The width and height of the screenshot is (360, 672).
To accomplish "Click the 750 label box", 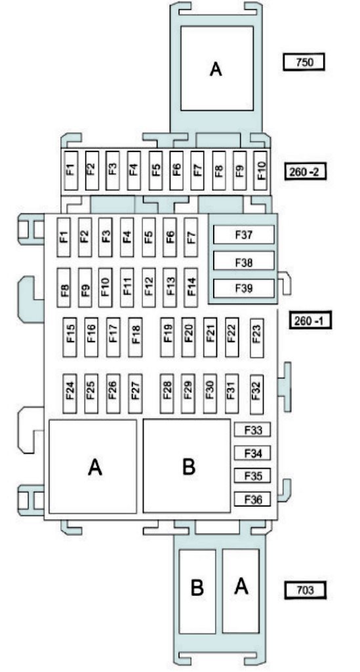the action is tap(304, 62).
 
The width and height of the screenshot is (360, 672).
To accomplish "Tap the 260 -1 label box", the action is tap(311, 321).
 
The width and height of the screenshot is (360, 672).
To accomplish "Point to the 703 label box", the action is tap(305, 590).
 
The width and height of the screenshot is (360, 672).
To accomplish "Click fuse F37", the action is tap(243, 235).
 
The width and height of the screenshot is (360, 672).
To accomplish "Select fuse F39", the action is tap(243, 288).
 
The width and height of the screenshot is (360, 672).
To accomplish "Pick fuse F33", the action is tap(252, 430).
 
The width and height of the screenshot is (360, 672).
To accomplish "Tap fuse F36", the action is tap(252, 500).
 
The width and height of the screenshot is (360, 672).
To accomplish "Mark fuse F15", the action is tap(70, 337).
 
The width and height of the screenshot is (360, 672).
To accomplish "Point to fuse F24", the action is tap(70, 393).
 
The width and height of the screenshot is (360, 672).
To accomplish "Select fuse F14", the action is tap(191, 287).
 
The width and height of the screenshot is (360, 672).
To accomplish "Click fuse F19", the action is tap(168, 337).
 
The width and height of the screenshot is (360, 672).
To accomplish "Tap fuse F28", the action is tap(167, 393).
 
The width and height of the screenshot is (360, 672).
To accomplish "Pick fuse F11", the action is tap(127, 287).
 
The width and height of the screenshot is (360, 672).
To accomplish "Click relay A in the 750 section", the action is tap(216, 68).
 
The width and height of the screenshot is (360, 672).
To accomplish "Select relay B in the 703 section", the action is tap(197, 591).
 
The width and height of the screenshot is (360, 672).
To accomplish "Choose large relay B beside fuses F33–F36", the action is tap(188, 466).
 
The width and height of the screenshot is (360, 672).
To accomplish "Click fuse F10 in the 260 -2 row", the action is tap(260, 170).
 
